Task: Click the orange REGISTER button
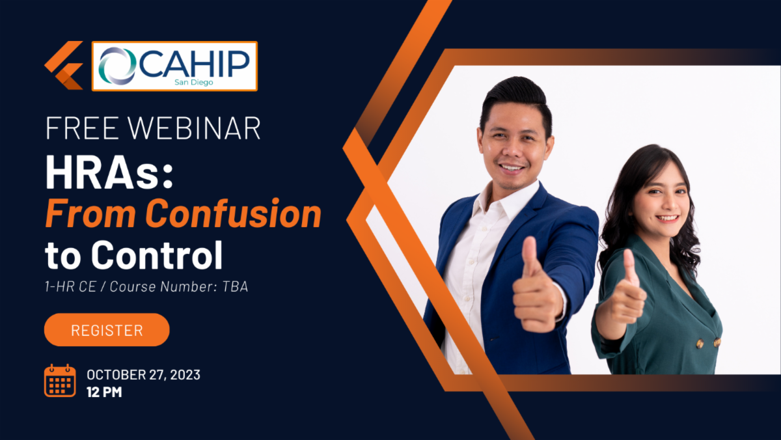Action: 107,330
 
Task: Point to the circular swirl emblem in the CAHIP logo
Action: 117,66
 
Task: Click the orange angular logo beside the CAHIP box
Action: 64,66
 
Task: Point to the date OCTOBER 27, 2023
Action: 143,375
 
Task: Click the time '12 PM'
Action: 104,392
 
